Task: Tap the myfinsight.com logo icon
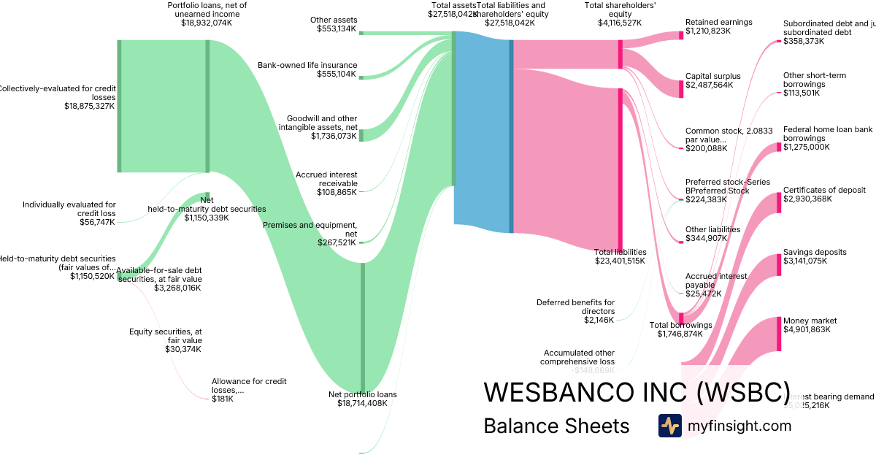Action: point(669,426)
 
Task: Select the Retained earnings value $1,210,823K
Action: point(708,32)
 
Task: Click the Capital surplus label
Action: point(712,76)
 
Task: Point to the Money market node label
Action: point(810,321)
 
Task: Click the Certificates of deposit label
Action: point(824,190)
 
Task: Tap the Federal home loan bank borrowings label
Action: point(828,134)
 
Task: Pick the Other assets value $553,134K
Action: point(337,29)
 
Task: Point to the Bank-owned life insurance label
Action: point(307,65)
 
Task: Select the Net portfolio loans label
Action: point(362,394)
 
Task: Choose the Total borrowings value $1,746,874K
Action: point(675,334)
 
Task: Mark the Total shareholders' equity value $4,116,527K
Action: point(620,23)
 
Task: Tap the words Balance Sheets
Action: point(556,426)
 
